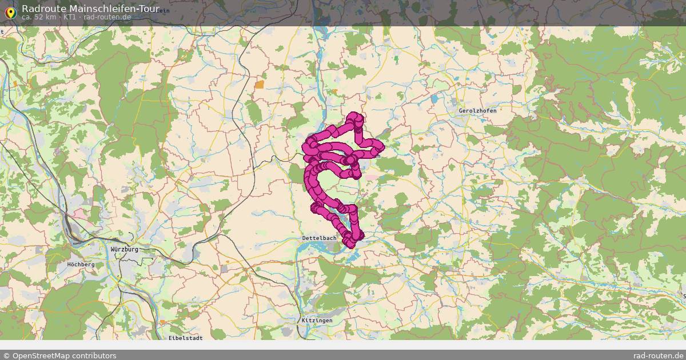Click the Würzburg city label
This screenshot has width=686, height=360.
[x=125, y=250]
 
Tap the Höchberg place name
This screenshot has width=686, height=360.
[x=81, y=265]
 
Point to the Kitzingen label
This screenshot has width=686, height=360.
[x=317, y=321]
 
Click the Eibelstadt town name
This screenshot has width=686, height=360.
[x=186, y=338]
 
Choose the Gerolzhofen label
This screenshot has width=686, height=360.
[x=477, y=110]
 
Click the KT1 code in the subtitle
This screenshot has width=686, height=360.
[x=70, y=17]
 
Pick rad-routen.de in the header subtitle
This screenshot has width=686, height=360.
[x=107, y=17]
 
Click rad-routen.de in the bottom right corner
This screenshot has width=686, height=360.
[x=658, y=355]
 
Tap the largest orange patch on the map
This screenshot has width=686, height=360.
[x=260, y=85]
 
